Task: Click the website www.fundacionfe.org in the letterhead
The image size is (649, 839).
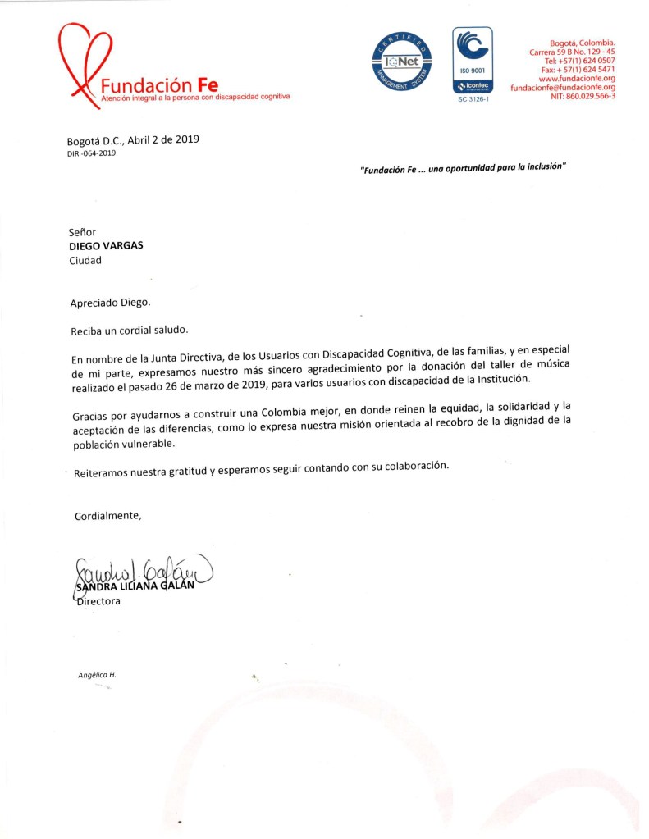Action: pos(577,78)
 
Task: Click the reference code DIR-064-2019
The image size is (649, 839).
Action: pos(91,153)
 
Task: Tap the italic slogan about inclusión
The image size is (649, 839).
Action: pos(464,166)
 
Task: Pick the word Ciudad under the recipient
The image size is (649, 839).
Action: pos(85,260)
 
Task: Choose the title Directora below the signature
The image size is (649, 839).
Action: pos(97,601)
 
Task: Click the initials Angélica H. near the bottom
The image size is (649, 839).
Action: pos(93,674)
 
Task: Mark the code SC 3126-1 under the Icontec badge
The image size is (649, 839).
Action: pos(472,99)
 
